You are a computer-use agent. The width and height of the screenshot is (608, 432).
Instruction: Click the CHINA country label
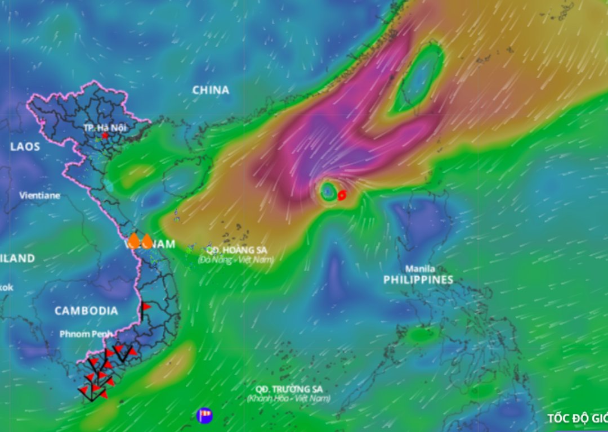click(211, 90)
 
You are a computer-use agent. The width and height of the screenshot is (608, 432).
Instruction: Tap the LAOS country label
click(25, 147)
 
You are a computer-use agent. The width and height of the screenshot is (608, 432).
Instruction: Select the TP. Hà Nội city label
click(105, 128)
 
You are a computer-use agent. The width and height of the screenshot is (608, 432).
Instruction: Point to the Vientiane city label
click(39, 196)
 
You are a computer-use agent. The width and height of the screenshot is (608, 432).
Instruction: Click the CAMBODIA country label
click(86, 311)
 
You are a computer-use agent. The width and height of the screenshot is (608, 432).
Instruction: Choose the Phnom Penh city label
click(86, 334)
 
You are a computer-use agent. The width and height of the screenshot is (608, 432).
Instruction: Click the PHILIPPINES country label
click(418, 280)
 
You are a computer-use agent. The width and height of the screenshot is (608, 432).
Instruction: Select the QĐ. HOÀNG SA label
click(236, 250)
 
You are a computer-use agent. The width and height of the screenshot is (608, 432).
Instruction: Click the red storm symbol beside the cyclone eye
click(342, 195)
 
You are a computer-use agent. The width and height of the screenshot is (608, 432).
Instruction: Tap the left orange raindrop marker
click(133, 241)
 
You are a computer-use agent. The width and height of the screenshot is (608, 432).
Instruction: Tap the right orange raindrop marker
click(147, 242)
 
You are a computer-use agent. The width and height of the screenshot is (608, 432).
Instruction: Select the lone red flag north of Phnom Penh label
click(146, 308)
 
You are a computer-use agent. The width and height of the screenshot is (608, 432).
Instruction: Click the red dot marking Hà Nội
click(105, 136)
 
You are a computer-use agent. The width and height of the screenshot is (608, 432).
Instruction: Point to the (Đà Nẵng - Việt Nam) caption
click(235, 260)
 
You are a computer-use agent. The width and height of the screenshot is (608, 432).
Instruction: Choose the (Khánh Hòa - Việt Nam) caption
click(288, 399)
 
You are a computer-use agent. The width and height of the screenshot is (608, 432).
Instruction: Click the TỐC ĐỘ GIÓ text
click(577, 418)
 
